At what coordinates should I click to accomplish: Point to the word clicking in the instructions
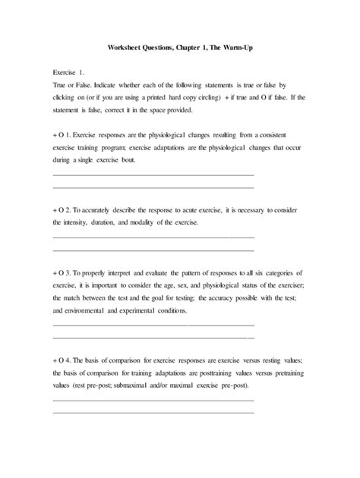[68, 99]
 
